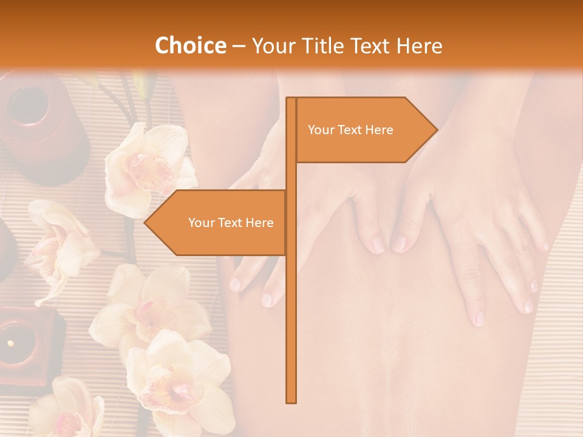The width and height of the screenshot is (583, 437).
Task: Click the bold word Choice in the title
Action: pos(190,46)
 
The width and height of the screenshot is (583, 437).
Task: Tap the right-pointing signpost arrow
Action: pos(364,130)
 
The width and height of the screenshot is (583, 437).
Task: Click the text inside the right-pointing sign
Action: pos(350,130)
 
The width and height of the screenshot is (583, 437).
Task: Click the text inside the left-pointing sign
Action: pos(231,223)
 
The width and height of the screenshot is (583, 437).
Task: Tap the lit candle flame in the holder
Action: pos(10,344)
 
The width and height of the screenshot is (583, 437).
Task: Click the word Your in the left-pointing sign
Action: pos(202,223)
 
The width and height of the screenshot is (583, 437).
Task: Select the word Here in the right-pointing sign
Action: pos(378,130)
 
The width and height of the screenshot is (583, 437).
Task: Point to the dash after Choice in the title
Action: pos(239,46)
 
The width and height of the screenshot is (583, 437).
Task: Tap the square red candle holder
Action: pos(27,343)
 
